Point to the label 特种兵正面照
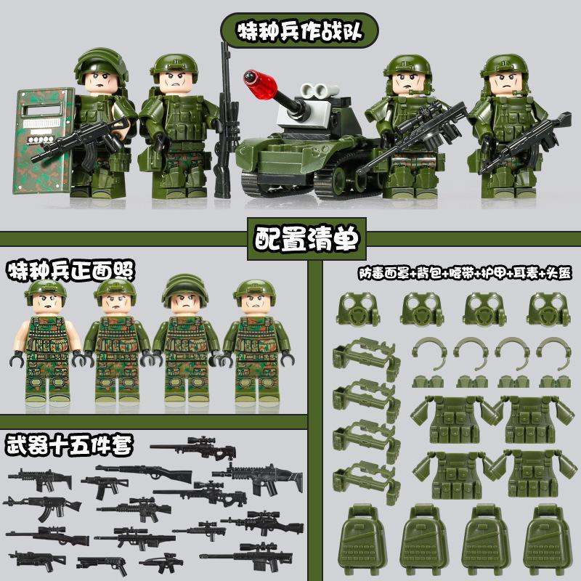[72, 271]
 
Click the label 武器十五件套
[70, 444]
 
